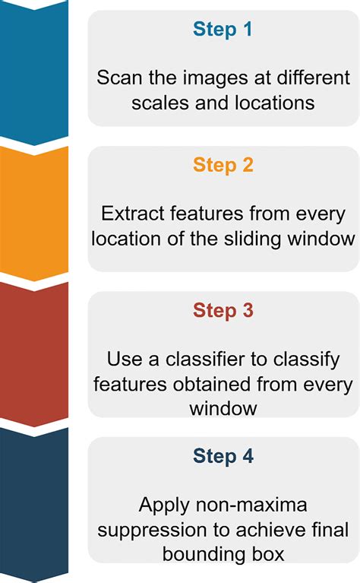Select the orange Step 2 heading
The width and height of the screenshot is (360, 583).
tap(223, 165)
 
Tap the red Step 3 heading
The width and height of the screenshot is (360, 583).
tap(223, 310)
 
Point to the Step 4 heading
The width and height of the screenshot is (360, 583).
tap(223, 456)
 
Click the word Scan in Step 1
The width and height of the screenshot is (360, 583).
tap(115, 78)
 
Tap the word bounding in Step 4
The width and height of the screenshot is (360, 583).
tap(199, 554)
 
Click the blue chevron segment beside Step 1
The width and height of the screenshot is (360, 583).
tap(34, 68)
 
